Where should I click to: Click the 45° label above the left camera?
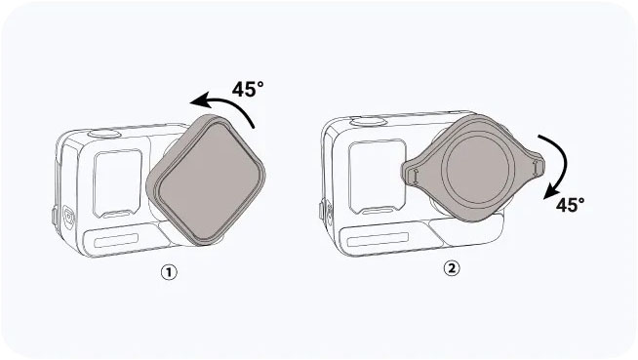tap(248, 89)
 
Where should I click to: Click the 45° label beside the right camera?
tap(570, 205)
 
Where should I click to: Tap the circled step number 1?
tap(169, 272)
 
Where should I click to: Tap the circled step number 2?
tap(451, 268)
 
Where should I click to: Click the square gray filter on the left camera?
tap(206, 180)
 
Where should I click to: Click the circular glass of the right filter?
tap(477, 169)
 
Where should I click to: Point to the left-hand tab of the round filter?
tap(412, 174)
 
